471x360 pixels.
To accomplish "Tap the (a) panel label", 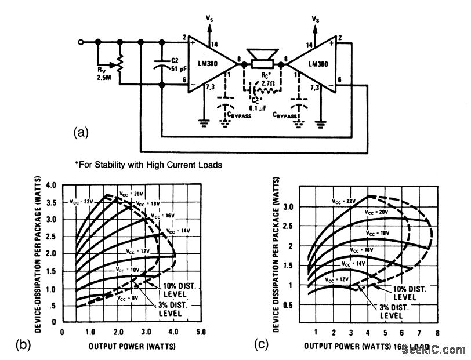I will pyautogui.click(x=82, y=133).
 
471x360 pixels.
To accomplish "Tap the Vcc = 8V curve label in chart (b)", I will pyautogui.click(x=127, y=298).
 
